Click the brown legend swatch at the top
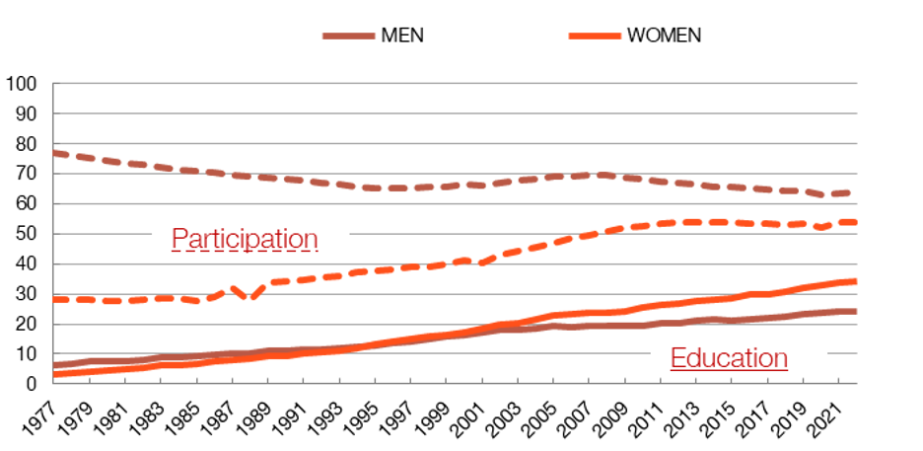click(x=348, y=37)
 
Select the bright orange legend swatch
click(x=595, y=37)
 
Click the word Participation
click(x=245, y=239)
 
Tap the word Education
click(x=729, y=357)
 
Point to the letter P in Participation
click(x=179, y=239)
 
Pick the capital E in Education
click(x=677, y=357)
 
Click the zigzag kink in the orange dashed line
click(x=245, y=291)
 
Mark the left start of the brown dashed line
click(x=54, y=153)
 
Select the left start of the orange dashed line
click(x=54, y=299)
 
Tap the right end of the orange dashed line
click(x=856, y=222)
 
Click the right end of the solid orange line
click(x=856, y=282)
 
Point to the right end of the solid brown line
click(x=856, y=312)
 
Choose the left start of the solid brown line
click(x=54, y=365)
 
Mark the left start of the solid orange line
click(x=54, y=375)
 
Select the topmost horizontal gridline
click(x=454, y=84)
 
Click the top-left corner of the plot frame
click(x=52, y=84)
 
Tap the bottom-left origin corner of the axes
click(x=52, y=383)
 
